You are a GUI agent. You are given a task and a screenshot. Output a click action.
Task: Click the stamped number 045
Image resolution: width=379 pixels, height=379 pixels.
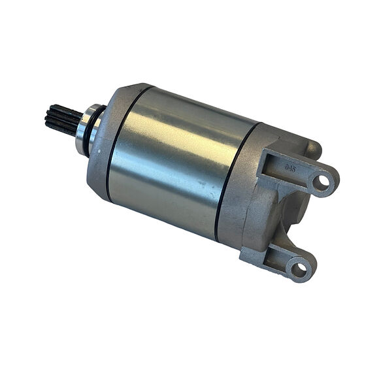[290, 168]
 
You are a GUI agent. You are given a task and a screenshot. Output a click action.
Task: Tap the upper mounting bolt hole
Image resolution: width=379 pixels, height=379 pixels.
[321, 182]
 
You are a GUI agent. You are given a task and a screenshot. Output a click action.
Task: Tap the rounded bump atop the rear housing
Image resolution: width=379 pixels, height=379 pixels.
[312, 148]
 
